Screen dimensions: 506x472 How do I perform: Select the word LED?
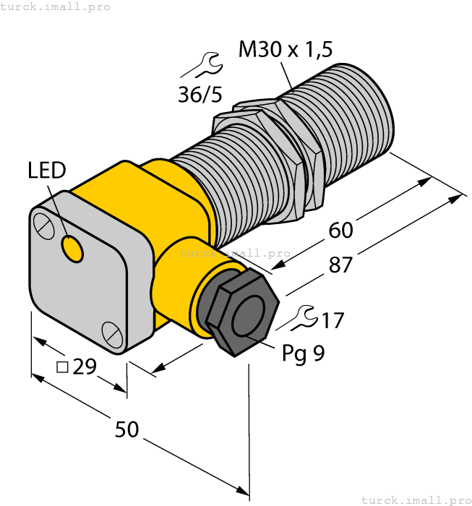click(x=47, y=171)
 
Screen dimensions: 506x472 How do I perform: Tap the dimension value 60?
click(x=340, y=231)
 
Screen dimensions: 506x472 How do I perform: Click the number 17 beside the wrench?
click(x=332, y=320)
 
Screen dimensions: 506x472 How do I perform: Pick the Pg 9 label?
click(x=302, y=353)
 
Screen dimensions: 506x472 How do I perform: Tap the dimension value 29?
click(x=85, y=367)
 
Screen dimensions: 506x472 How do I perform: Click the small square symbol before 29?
click(x=62, y=367)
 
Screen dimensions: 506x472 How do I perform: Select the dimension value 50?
click(x=127, y=429)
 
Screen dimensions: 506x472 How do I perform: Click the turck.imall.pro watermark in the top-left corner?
click(x=56, y=7)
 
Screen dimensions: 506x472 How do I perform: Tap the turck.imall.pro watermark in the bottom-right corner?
click(x=415, y=499)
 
